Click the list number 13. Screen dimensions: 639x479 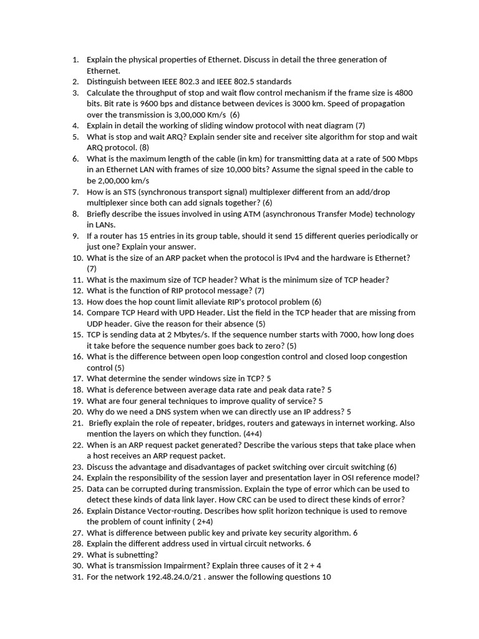pos(77,302)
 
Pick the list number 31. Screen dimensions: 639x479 pos(77,577)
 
